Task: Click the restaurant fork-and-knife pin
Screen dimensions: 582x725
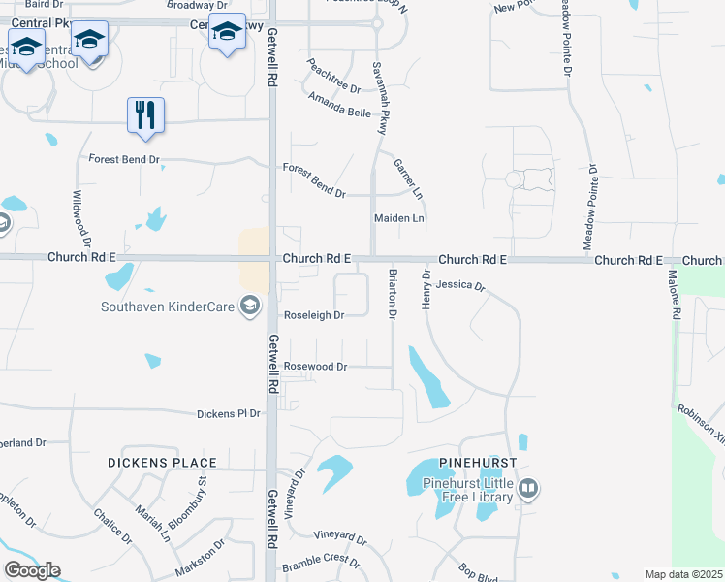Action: pos(145,113)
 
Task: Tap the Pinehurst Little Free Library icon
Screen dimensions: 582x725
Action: pos(528,488)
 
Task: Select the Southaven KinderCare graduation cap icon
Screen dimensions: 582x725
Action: pos(251,307)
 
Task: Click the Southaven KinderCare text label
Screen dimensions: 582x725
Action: pos(171,307)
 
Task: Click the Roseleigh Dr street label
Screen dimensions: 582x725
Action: pos(314,315)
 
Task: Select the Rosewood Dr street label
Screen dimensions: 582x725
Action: pos(315,367)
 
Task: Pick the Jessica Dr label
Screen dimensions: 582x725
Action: pos(459,286)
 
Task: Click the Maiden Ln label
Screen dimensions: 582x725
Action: pos(399,219)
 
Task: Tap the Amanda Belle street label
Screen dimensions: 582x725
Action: pos(339,106)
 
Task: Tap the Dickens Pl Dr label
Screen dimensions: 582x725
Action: pos(229,413)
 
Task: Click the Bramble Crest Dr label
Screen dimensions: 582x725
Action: pos(321,563)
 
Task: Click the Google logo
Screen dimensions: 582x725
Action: pos(32,570)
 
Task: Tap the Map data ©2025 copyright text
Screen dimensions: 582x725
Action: pos(683,574)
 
